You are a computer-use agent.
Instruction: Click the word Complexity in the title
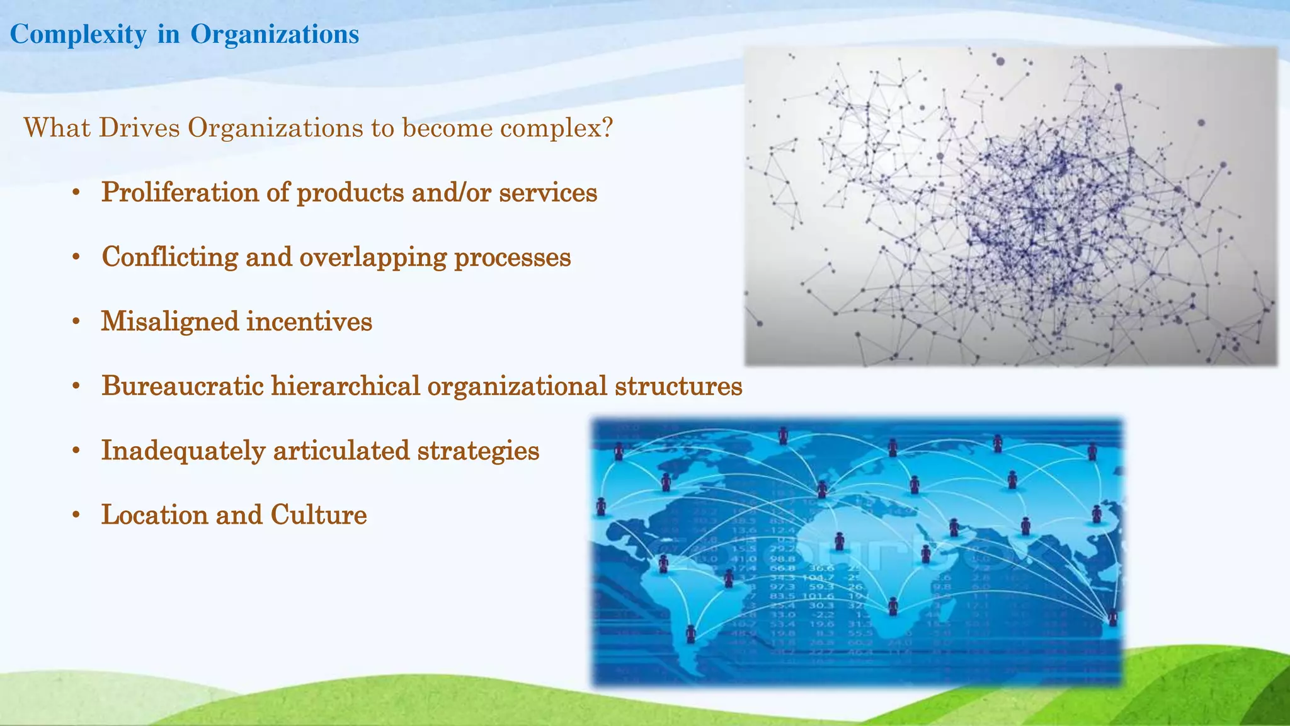(x=78, y=35)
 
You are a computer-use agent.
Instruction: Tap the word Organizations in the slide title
(x=275, y=35)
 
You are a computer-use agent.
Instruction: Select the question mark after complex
(x=607, y=128)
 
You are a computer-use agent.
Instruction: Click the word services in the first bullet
(x=548, y=193)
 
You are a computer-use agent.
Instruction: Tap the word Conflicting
(x=169, y=257)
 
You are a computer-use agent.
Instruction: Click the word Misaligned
(x=169, y=322)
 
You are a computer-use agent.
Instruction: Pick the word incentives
(x=309, y=322)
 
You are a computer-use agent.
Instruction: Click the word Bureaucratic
(x=182, y=386)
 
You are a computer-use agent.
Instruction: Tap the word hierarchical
(x=345, y=386)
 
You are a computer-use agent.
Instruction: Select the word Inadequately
(x=183, y=451)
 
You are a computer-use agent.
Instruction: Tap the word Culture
(x=319, y=515)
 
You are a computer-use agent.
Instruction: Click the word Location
(x=154, y=515)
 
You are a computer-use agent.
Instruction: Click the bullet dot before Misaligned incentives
(x=76, y=322)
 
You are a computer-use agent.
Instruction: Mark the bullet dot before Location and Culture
(x=76, y=516)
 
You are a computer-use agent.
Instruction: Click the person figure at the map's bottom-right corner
(x=1113, y=617)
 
